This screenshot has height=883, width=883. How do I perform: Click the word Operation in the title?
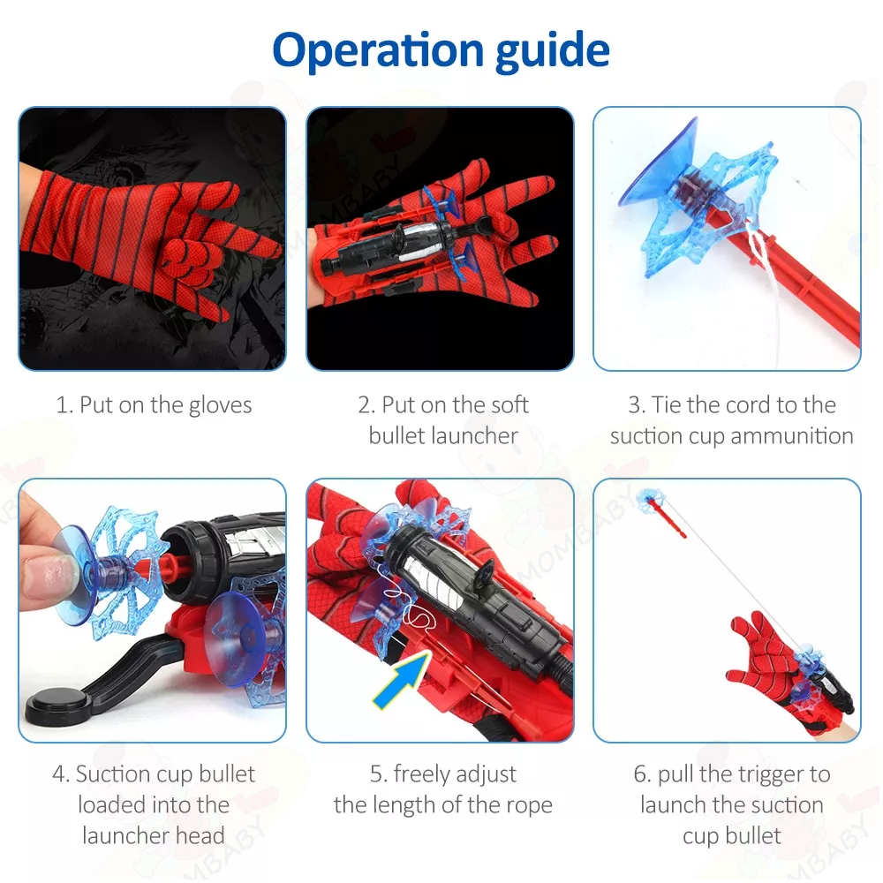pyautogui.click(x=377, y=50)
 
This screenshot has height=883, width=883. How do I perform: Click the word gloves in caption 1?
pyautogui.click(x=220, y=405)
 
